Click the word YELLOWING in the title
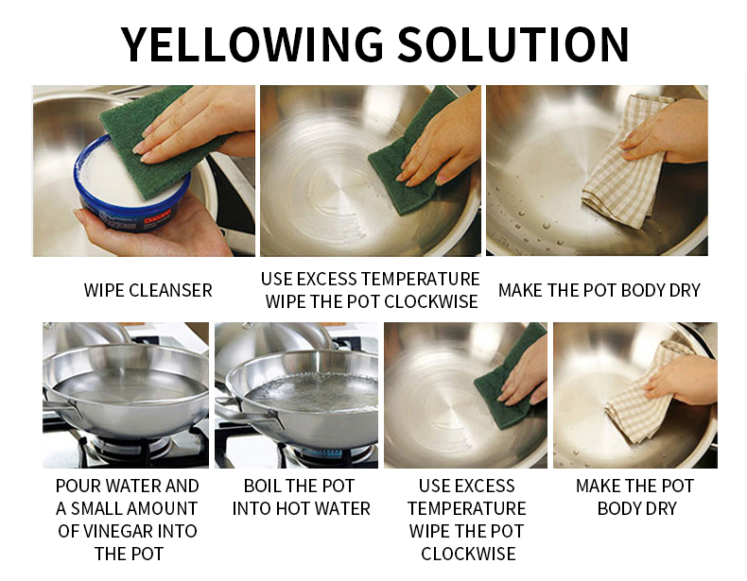tap(252, 44)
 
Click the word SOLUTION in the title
tap(513, 44)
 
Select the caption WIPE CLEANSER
tap(148, 290)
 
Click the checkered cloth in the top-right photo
tap(624, 162)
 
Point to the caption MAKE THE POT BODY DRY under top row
tap(599, 290)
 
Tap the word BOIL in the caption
tap(261, 486)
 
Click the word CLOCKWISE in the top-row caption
tap(431, 301)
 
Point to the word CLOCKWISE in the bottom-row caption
tap(468, 554)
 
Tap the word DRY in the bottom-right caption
tap(661, 508)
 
